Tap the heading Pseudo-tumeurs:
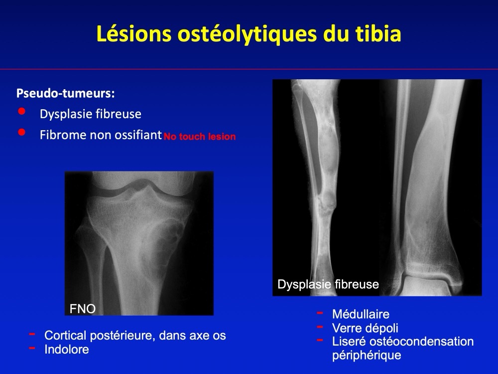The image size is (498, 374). click(x=65, y=93)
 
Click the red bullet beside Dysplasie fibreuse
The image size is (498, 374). click(x=22, y=111)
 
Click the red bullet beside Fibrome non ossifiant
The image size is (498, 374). click(x=22, y=132)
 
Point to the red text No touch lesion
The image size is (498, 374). click(x=200, y=137)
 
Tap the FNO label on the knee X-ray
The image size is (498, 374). click(x=83, y=309)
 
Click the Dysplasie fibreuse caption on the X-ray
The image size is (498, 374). click(x=328, y=284)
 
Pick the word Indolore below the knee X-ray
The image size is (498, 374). click(x=67, y=349)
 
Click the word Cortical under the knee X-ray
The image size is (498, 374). click(x=65, y=335)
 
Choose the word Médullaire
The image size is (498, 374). click(x=361, y=314)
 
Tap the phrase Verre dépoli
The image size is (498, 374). click(x=365, y=328)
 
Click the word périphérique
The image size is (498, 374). click(x=367, y=356)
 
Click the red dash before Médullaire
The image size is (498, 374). click(x=320, y=313)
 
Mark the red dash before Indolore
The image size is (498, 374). click(x=32, y=348)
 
